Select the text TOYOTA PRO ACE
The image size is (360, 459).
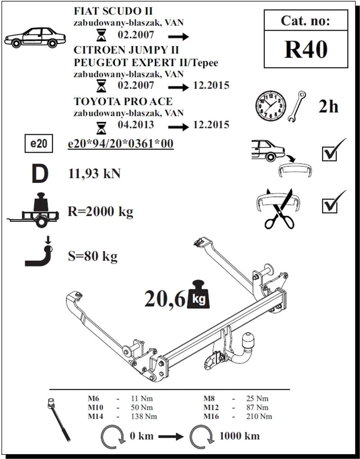pos(123,101)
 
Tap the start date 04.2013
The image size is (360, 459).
pos(135,125)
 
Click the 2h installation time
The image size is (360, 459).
pos(328,107)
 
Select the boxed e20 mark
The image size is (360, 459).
pos(39,143)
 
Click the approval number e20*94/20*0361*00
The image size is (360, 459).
pos(121,144)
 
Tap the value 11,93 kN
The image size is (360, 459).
pos(94,174)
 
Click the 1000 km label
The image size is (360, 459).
pos(239,436)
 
